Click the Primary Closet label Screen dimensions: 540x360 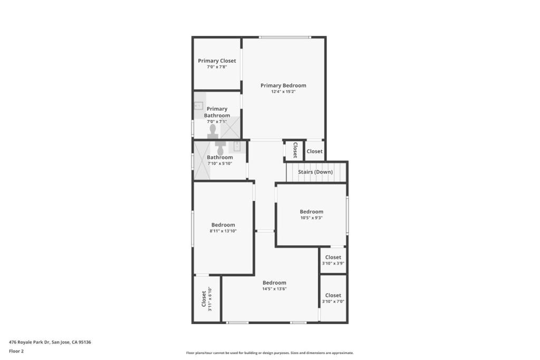[x=217, y=61]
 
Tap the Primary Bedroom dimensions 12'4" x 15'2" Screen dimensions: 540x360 [x=283, y=92]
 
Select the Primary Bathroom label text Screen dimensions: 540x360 [x=217, y=112]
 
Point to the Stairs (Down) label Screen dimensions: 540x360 [x=315, y=172]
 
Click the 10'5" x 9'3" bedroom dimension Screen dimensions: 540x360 [x=311, y=218]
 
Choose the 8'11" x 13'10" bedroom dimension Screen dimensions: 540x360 [x=223, y=231]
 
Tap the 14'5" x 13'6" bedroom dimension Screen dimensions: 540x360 [x=274, y=289]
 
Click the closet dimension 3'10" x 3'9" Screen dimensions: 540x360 [x=333, y=264]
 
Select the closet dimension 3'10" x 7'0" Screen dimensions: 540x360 [x=333, y=301]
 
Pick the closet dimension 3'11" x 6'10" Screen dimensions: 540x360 [x=210, y=299]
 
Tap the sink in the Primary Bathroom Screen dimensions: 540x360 [x=199, y=105]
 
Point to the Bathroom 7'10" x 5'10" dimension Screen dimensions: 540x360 [x=220, y=163]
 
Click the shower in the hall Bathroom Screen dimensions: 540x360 [x=202, y=160]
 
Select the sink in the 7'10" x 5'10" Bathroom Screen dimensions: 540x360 [x=237, y=147]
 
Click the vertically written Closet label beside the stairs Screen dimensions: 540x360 [x=295, y=150]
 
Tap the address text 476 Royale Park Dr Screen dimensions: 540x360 [x=30, y=342]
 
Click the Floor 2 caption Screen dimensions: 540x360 [x=16, y=351]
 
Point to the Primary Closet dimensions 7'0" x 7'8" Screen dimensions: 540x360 [x=217, y=67]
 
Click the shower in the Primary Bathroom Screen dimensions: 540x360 [x=230, y=128]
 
